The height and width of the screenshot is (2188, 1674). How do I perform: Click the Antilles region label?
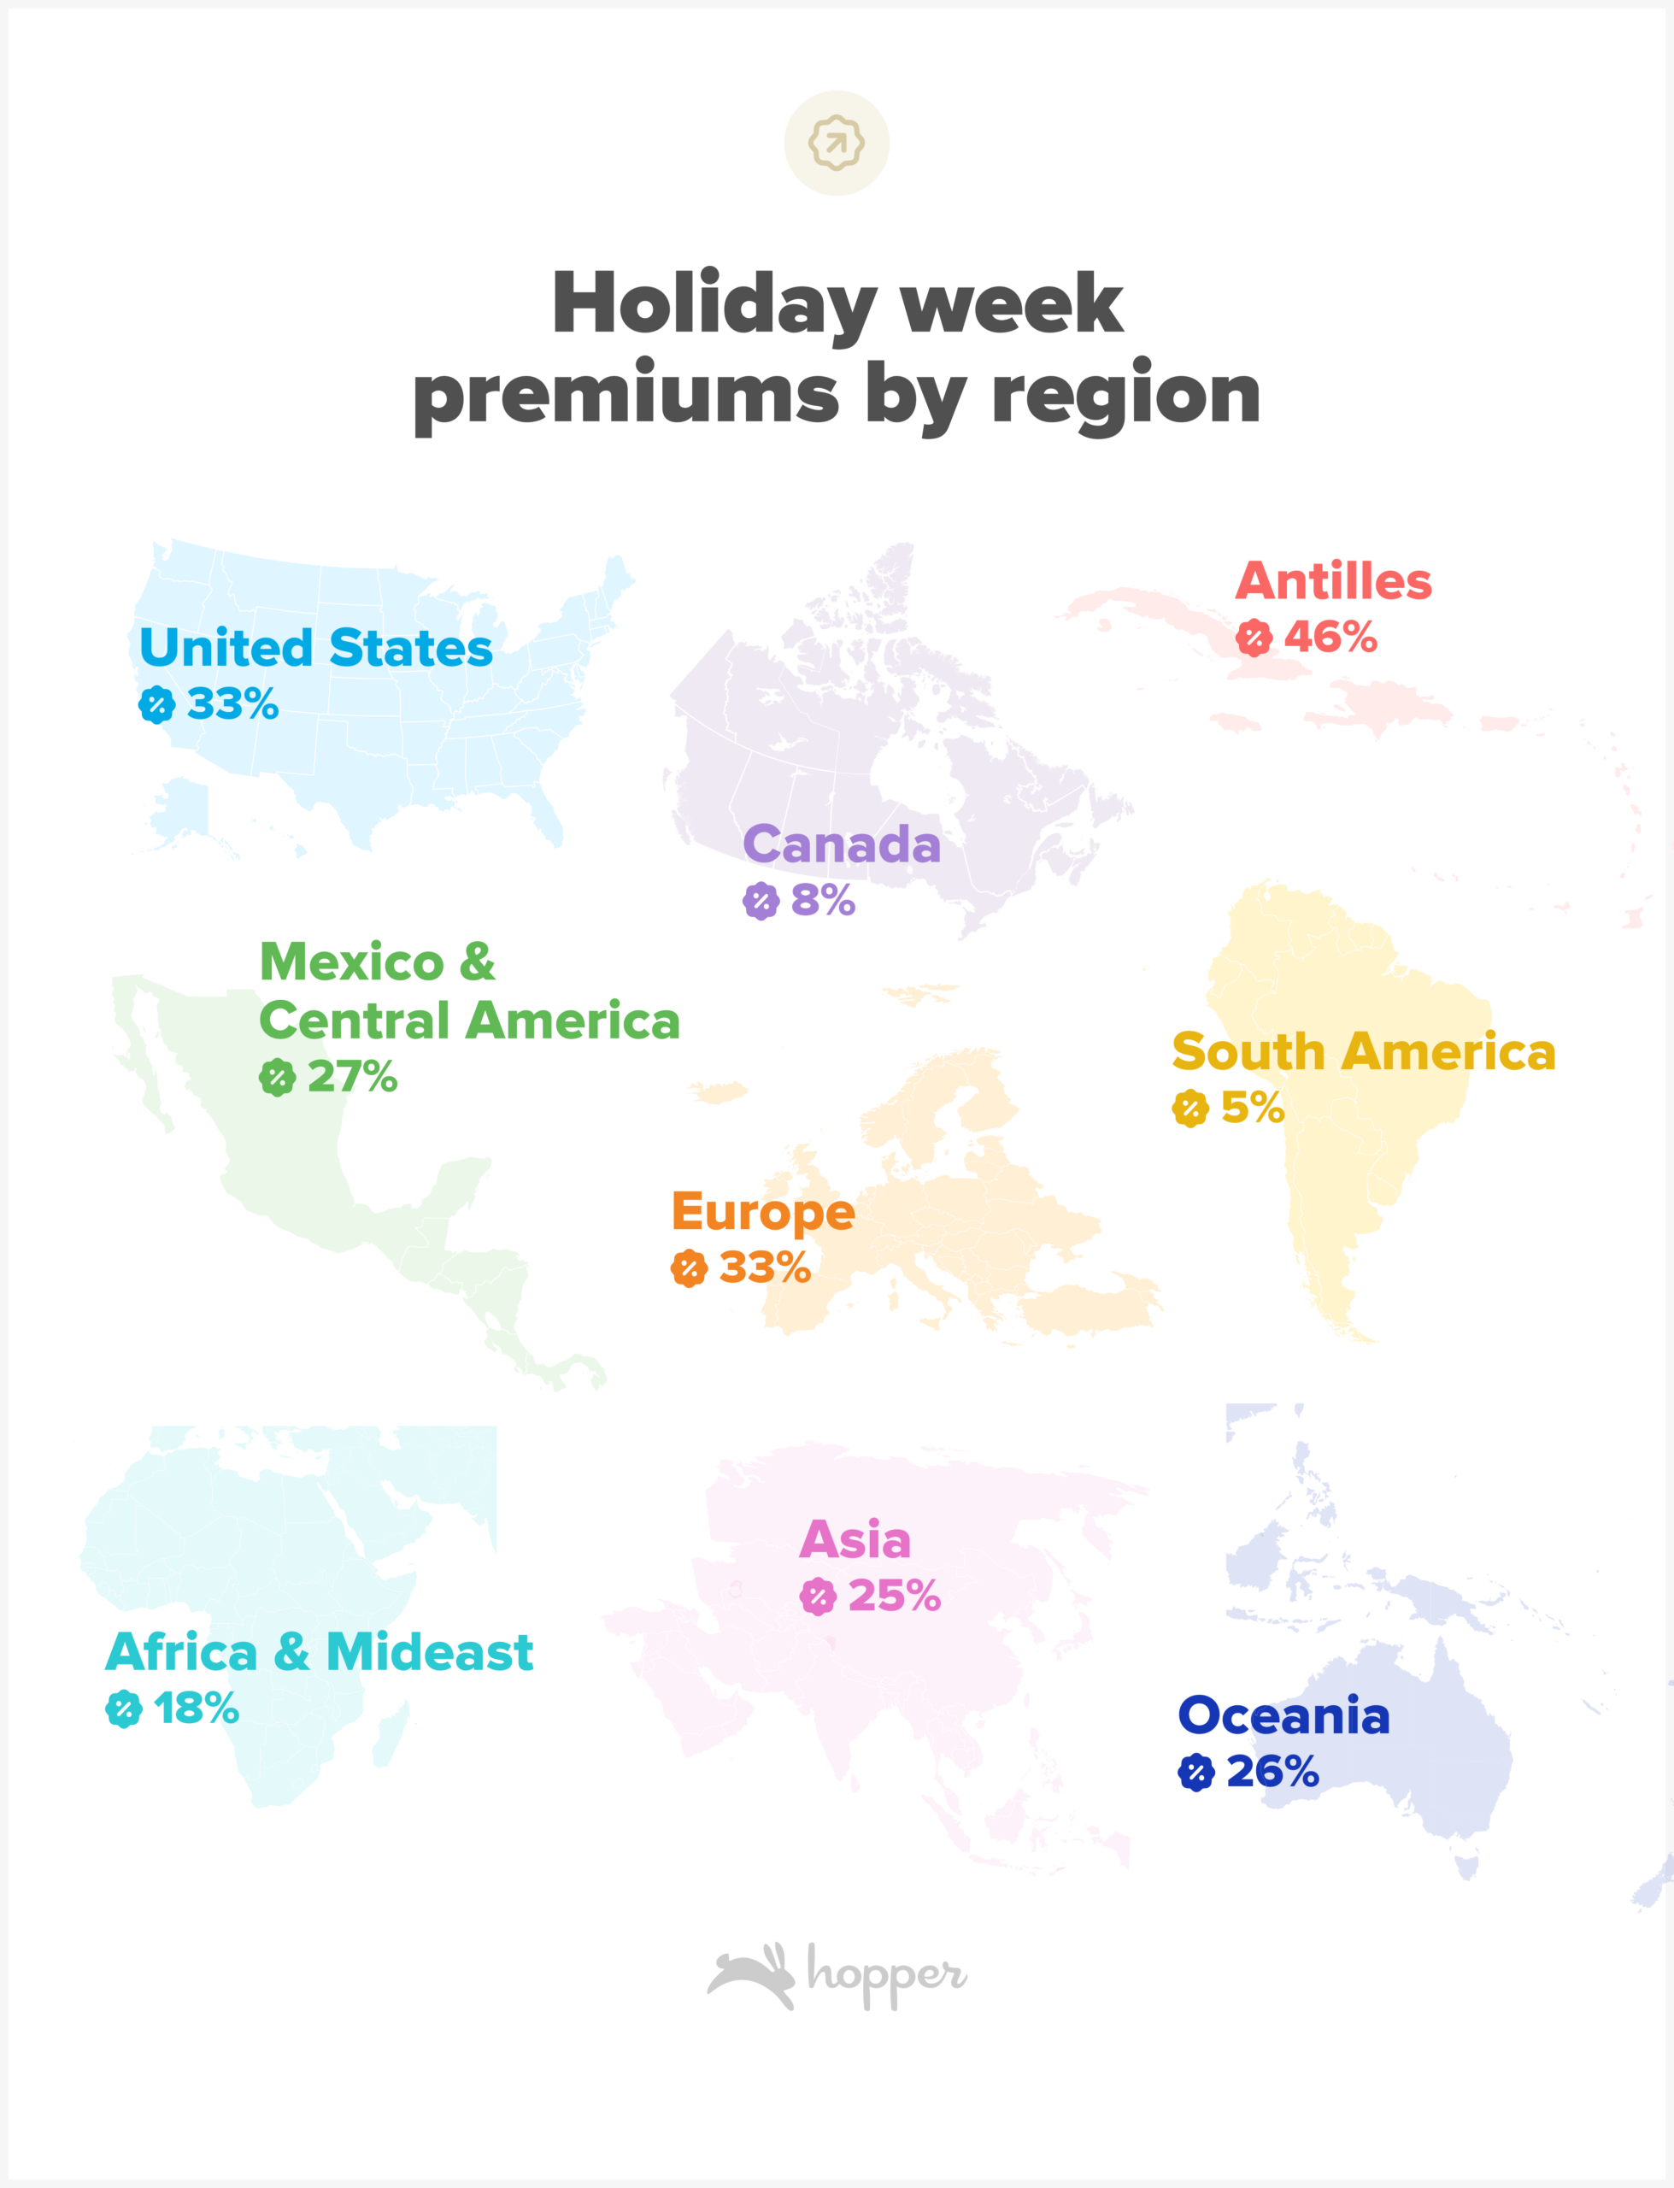[1333, 582]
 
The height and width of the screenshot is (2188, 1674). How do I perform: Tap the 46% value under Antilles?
[1330, 638]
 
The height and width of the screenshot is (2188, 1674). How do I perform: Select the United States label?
[316, 649]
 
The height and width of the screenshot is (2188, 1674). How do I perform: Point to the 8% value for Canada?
[823, 901]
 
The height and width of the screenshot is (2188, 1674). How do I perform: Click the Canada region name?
[842, 845]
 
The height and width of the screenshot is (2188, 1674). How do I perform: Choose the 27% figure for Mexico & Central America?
[353, 1077]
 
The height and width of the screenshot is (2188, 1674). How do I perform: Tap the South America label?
[1363, 1052]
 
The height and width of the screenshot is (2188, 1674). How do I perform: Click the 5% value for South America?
[1253, 1108]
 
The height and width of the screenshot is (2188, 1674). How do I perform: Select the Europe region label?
[763, 1213]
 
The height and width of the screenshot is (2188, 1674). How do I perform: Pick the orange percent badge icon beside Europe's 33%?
[689, 1268]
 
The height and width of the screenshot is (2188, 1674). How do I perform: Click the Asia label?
[855, 1540]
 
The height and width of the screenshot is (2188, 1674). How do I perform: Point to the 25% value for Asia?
[894, 1597]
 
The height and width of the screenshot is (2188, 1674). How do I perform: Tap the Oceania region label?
[1283, 1715]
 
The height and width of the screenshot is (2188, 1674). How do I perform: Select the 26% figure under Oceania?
[1272, 1772]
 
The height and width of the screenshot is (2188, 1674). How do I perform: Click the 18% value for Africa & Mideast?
[197, 1709]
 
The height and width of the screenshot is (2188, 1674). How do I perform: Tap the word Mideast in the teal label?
[430, 1653]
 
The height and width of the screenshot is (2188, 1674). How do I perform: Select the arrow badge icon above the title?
[837, 143]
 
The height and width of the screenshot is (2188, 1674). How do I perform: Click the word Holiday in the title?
[714, 304]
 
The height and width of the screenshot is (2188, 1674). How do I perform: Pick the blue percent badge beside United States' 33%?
[156, 704]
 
